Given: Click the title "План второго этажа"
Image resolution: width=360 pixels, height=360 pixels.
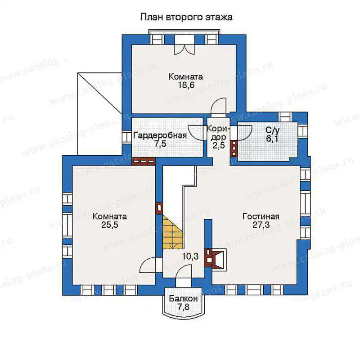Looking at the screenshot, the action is pos(186,17).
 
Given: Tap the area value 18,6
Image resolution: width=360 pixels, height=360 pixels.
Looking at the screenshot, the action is pos(186,85).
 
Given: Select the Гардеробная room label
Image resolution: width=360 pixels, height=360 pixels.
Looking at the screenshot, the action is pos(160,135).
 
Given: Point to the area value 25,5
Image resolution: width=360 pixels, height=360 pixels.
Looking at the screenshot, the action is pos(110,225).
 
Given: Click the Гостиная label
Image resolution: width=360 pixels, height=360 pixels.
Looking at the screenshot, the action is pos(261,216).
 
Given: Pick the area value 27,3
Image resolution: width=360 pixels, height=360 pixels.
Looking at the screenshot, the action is pos(261,225).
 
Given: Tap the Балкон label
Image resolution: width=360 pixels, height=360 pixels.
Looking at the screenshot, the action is pos(183,298).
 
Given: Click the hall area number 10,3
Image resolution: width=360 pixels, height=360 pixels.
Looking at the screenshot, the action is pos(190,256).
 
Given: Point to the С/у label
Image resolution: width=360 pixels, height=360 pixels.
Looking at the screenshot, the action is pos(272,130).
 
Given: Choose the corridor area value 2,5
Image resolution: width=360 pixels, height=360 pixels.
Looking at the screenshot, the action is pos(219,145).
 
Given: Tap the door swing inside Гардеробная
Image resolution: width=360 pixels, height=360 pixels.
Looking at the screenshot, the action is pos(196,132).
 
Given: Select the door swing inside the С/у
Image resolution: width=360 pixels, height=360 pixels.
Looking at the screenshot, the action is pos(244,133).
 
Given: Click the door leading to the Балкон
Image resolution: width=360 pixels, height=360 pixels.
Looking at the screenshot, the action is pos(184,275).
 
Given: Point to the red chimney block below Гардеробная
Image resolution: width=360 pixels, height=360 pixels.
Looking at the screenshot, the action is pos(144,162).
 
